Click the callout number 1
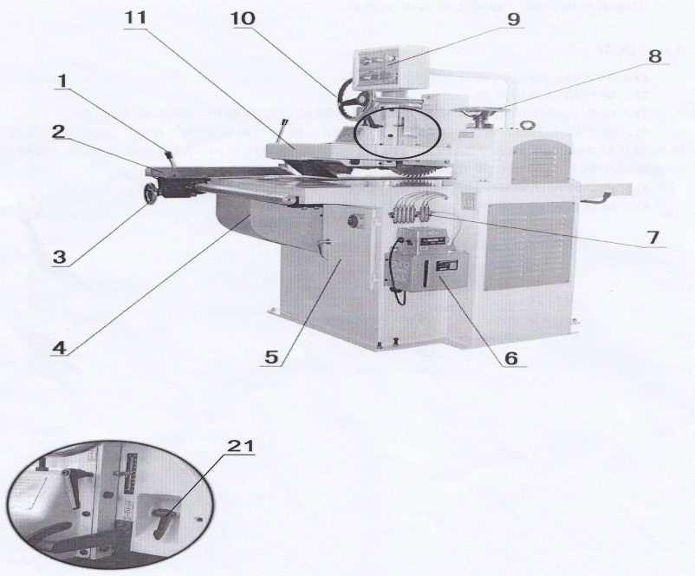(x=61, y=81)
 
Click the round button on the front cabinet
(x=354, y=220)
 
